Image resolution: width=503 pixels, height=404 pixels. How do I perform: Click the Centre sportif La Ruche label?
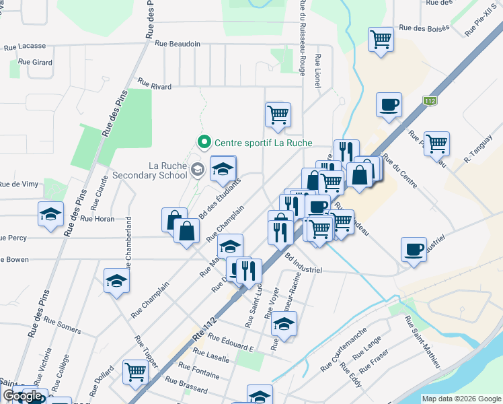tap(263, 143)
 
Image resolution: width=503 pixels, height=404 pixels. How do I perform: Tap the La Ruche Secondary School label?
tap(167, 170)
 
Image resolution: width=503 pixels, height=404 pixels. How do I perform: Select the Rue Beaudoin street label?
tap(178, 44)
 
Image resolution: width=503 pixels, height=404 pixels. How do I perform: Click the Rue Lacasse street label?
tap(25, 46)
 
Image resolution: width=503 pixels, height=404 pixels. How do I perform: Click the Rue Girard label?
tap(36, 62)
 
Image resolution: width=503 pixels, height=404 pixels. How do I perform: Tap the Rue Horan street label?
tap(97, 219)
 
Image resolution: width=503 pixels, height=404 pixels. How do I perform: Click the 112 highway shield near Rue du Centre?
tap(430, 101)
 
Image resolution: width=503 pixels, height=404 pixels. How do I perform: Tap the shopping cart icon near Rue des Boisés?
tap(381, 38)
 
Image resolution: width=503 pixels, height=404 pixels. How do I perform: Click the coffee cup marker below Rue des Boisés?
tap(389, 104)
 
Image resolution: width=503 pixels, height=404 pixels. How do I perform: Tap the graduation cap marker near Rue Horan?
tap(50, 213)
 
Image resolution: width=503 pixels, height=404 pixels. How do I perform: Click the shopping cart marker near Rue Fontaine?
tap(136, 370)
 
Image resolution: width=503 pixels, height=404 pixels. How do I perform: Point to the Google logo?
tap(23, 397)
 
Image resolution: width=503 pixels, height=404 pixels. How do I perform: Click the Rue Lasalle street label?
tap(212, 358)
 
